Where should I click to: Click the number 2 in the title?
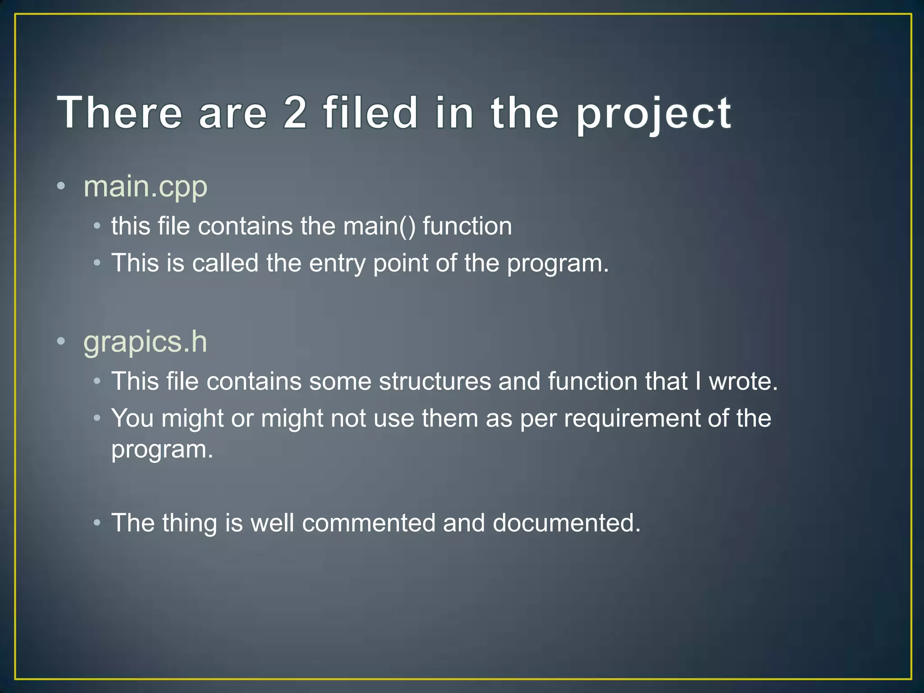click(296, 113)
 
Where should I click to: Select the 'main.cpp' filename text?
click(145, 187)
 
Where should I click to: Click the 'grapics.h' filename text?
click(145, 342)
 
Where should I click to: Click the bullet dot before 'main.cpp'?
click(61, 186)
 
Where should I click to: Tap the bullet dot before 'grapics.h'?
click(61, 341)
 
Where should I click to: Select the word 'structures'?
click(434, 381)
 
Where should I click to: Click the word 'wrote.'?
click(743, 381)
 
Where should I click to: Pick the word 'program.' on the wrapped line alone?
click(162, 450)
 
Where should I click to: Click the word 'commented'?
click(368, 523)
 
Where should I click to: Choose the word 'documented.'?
click(566, 523)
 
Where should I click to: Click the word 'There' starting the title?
click(120, 113)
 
